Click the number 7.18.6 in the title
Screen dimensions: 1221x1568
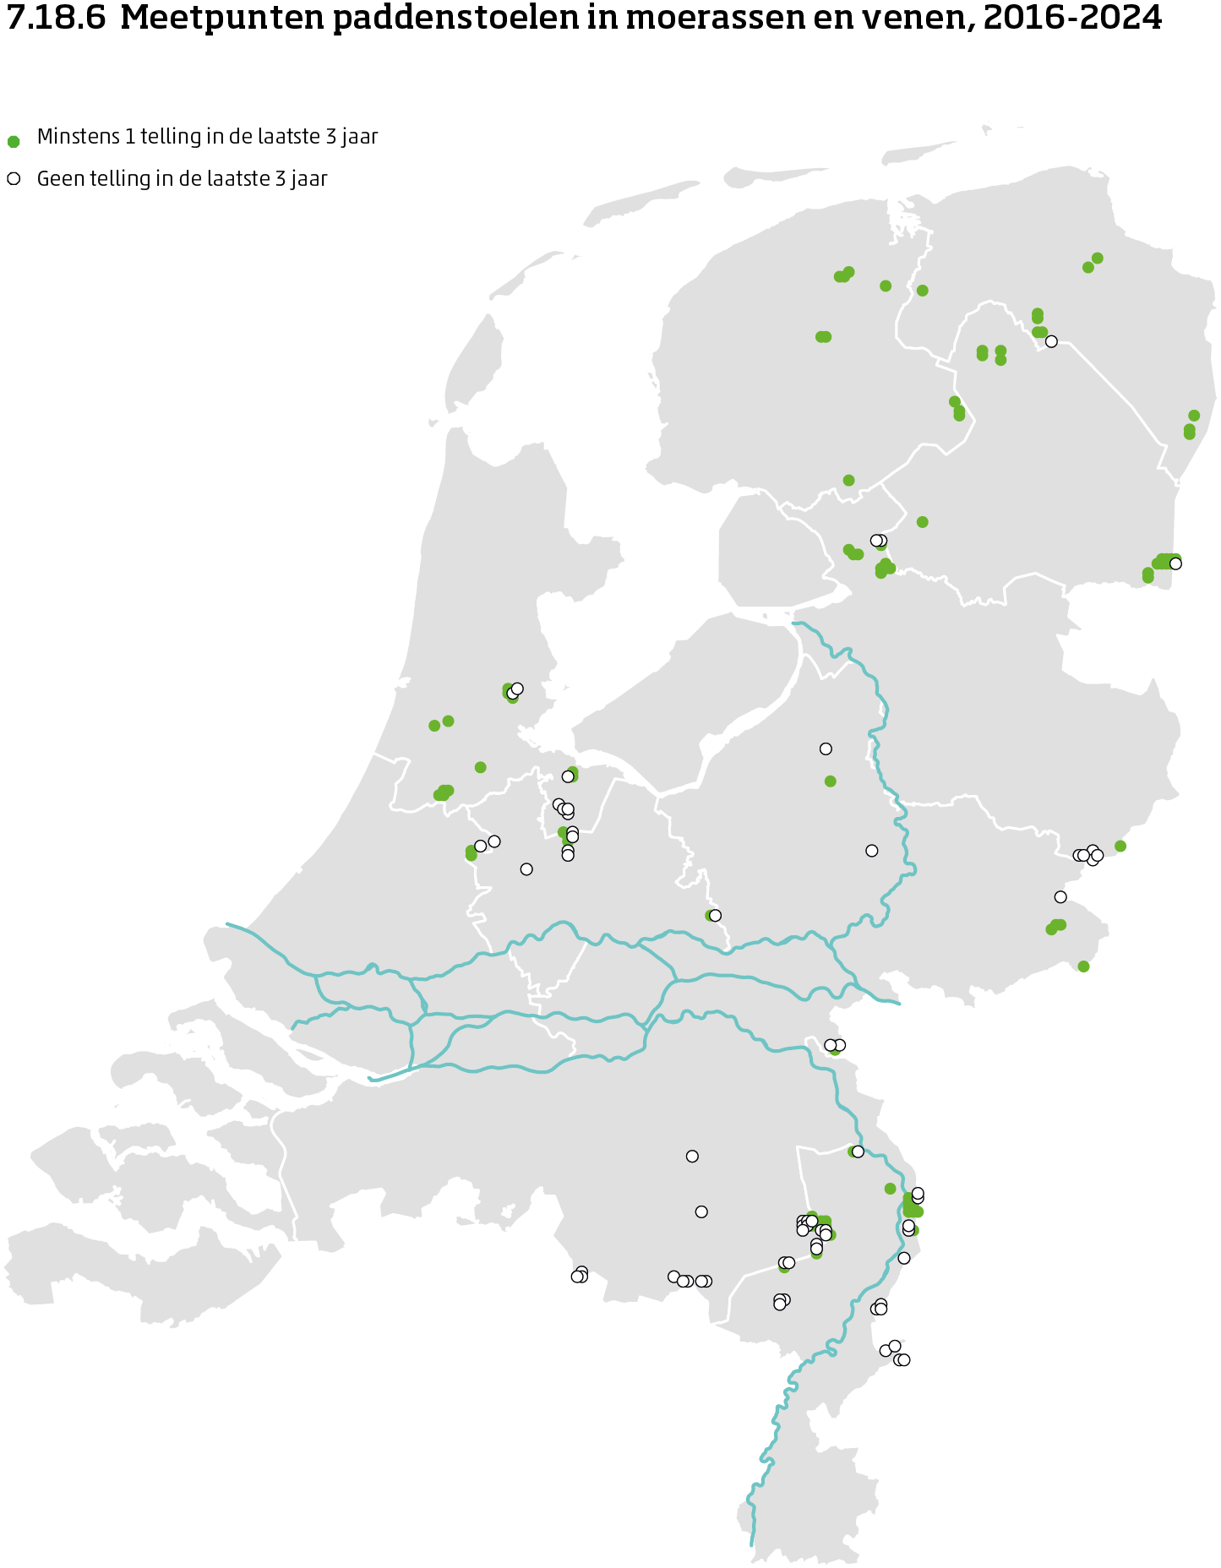click(x=56, y=19)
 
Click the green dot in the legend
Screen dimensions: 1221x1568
click(x=14, y=141)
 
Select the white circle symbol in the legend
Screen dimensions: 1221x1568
click(x=14, y=179)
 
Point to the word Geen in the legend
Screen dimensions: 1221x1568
click(x=60, y=179)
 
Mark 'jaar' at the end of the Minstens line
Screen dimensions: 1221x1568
click(x=358, y=137)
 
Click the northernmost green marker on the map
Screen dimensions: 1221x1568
click(x=1097, y=258)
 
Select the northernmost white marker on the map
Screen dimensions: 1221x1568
click(x=1051, y=341)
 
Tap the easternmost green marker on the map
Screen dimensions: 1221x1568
click(x=1194, y=416)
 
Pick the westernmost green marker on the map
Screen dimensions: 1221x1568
click(x=434, y=725)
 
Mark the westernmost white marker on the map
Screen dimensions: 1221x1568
click(x=480, y=846)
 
